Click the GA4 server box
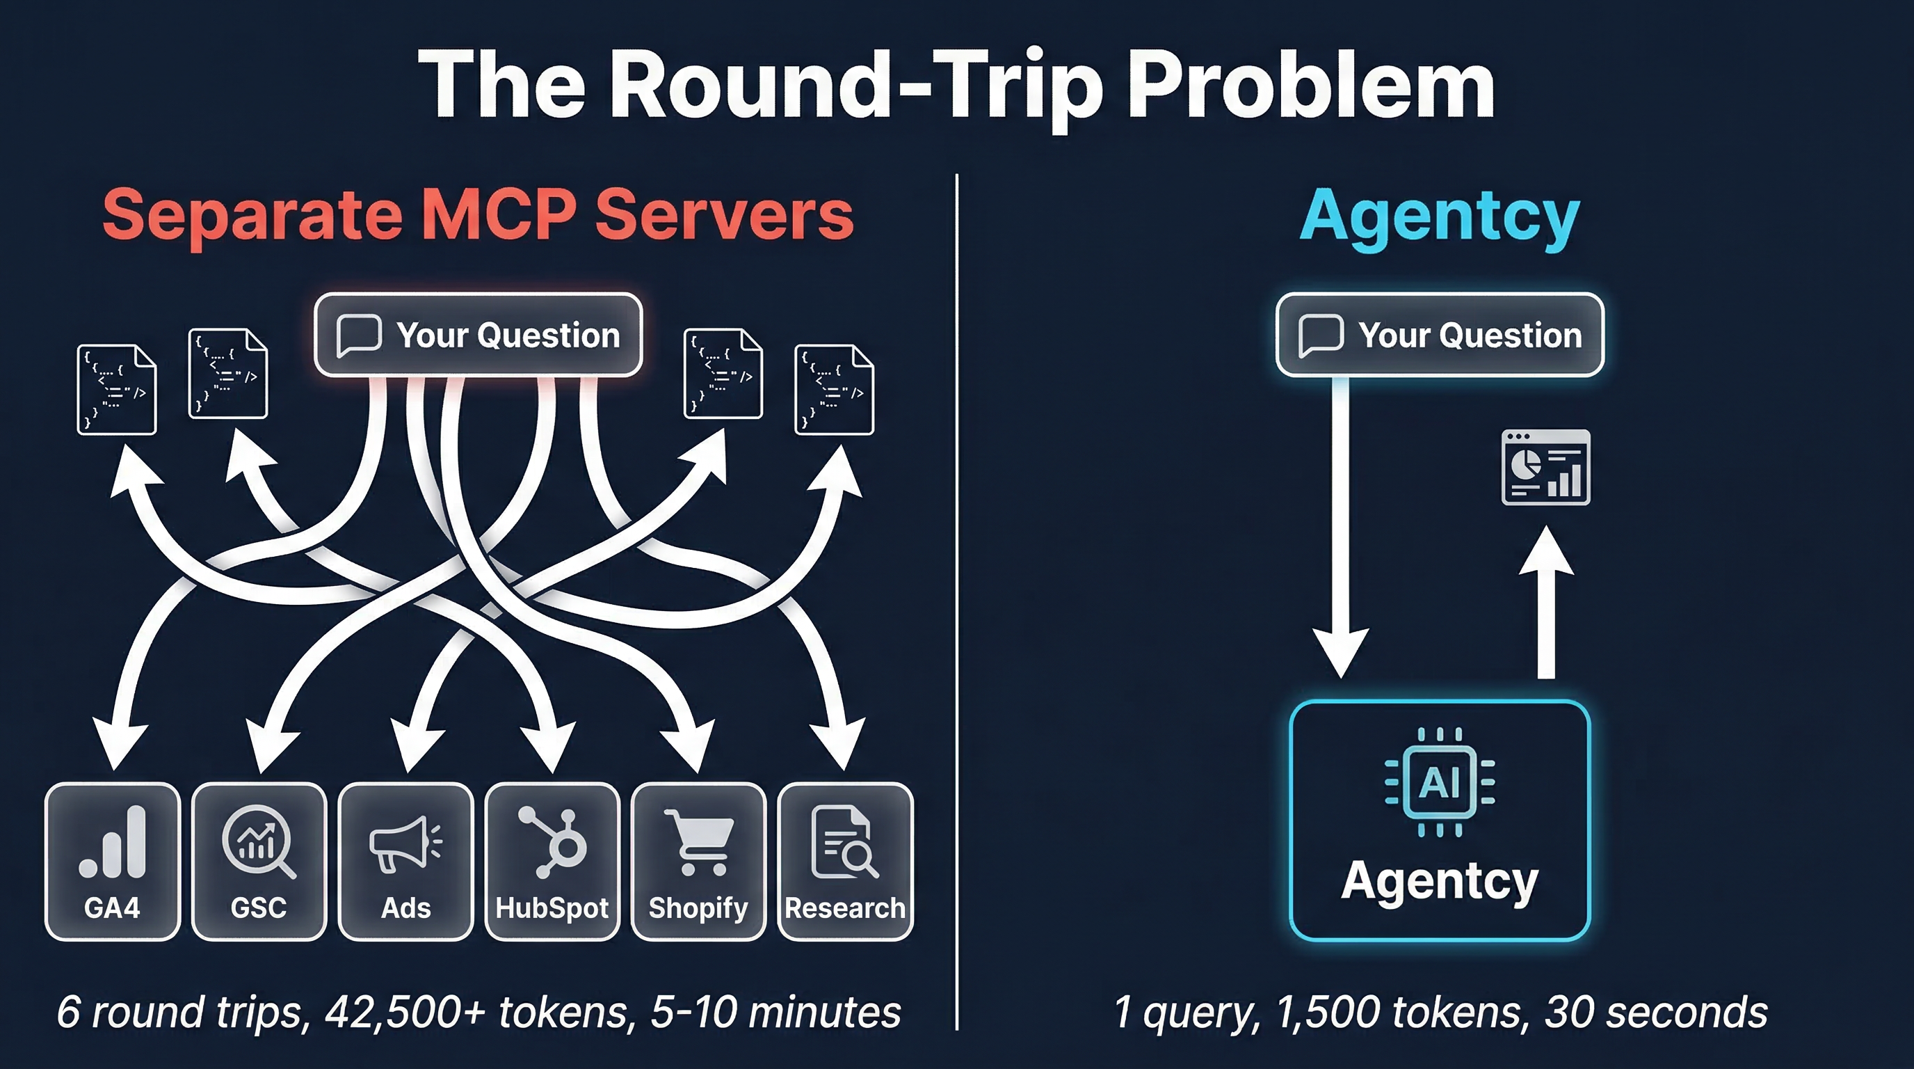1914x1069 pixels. pos(112,861)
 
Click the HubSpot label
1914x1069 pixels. pos(552,908)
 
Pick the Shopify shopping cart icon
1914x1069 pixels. pos(698,841)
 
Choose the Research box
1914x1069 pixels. pos(845,861)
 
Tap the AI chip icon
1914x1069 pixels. pos(1439,782)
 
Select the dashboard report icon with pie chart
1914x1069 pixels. pos(1545,468)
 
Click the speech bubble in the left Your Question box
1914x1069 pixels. pos(359,335)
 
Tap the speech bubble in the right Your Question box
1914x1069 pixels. pos(1320,335)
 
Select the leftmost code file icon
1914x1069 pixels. pos(117,389)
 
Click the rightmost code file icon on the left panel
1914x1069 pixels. pos(834,389)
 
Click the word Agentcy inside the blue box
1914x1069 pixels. pos(1439,881)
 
